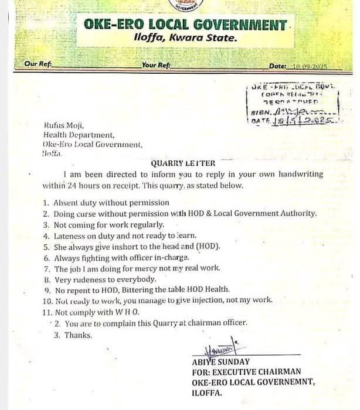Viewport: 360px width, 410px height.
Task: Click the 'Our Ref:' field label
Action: [38, 65]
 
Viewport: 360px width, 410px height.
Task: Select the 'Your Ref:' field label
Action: [155, 65]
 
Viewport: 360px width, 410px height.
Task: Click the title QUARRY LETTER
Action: [183, 163]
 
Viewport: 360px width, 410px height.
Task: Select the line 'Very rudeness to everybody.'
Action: [106, 279]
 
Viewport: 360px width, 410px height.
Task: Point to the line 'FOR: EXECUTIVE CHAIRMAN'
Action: [253, 371]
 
